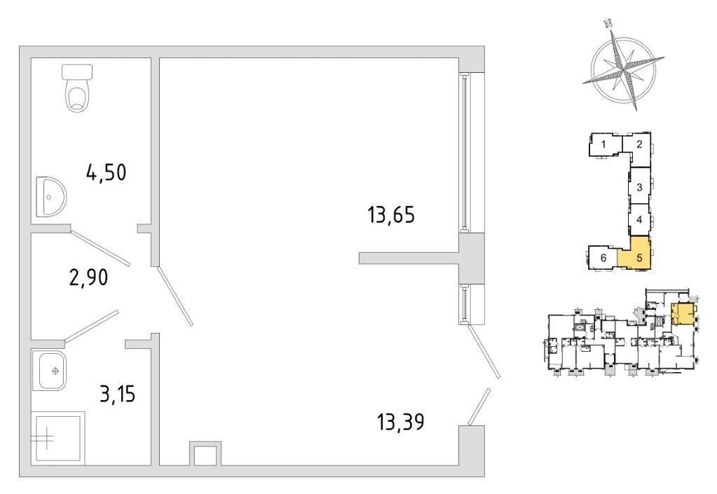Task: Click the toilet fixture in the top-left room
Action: pyautogui.click(x=78, y=88)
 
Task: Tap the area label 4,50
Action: pyautogui.click(x=106, y=172)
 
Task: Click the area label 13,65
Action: pyautogui.click(x=392, y=214)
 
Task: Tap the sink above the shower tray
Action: pyautogui.click(x=50, y=371)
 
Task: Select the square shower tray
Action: pyautogui.click(x=57, y=437)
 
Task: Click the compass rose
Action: pyautogui.click(x=622, y=68)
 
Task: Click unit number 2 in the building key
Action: pyautogui.click(x=640, y=144)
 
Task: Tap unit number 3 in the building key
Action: pyautogui.click(x=640, y=187)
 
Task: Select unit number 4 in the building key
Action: pyautogui.click(x=639, y=219)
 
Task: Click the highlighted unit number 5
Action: pyautogui.click(x=639, y=257)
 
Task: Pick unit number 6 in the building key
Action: pyautogui.click(x=603, y=257)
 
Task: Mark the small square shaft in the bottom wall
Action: pyautogui.click(x=205, y=455)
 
